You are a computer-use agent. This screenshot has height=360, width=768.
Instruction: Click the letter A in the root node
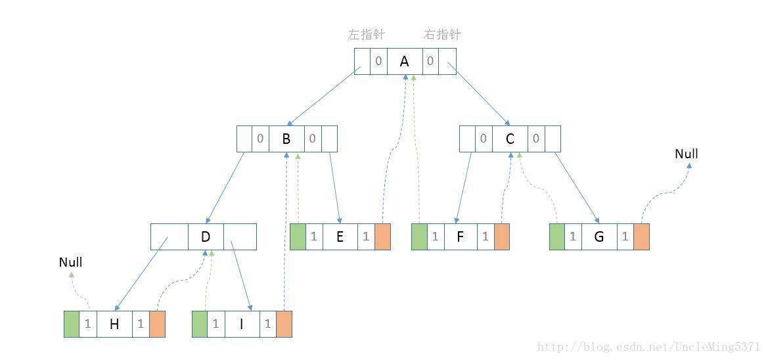tap(405, 61)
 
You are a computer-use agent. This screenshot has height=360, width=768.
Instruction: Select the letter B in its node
tap(286, 139)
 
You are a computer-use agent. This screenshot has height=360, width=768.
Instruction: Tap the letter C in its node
tap(510, 139)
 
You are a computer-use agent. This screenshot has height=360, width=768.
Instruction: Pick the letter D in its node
tap(206, 236)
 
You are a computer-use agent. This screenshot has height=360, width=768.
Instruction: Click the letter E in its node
tap(340, 236)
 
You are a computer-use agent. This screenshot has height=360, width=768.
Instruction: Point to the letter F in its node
tap(460, 236)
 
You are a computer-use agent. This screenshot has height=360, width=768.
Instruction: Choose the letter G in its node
tap(599, 236)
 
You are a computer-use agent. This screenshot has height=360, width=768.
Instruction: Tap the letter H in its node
tap(114, 324)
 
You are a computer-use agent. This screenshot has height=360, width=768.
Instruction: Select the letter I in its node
tap(241, 324)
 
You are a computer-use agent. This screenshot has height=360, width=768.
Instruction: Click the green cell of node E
tap(298, 236)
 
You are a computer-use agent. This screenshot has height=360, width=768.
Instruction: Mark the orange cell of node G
tap(641, 236)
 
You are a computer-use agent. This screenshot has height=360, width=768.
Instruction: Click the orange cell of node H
tap(157, 324)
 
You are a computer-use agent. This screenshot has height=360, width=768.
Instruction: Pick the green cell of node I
tap(199, 324)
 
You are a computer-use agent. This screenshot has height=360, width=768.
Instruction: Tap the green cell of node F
tap(419, 236)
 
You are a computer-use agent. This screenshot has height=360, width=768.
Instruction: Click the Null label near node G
tap(687, 154)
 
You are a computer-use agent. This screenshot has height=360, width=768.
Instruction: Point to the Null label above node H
tap(70, 262)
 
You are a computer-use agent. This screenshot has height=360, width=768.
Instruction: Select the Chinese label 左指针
tap(366, 35)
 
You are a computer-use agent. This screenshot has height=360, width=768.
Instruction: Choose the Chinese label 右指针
tap(442, 35)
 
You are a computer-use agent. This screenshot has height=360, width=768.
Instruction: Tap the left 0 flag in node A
tap(378, 61)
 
